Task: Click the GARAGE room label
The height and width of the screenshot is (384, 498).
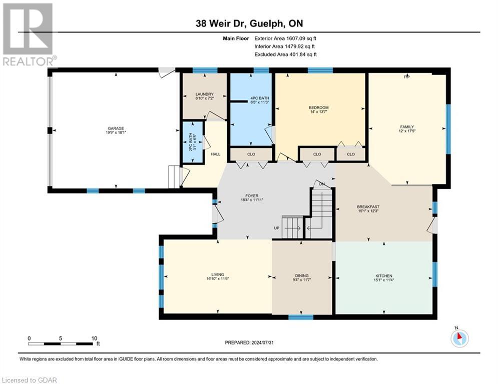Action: click(x=114, y=128)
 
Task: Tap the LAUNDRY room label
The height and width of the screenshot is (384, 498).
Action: click(x=205, y=94)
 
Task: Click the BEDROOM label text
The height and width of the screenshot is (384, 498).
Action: click(x=318, y=107)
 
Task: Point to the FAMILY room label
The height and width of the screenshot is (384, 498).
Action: click(x=406, y=127)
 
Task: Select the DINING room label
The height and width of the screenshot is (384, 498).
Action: click(x=302, y=275)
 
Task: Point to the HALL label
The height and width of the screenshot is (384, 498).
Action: click(x=215, y=154)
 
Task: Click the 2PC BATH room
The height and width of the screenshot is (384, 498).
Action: click(x=192, y=142)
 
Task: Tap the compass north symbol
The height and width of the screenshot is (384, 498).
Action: click(x=458, y=338)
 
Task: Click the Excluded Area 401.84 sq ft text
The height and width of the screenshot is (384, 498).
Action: click(x=285, y=54)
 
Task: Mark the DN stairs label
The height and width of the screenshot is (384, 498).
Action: click(x=322, y=184)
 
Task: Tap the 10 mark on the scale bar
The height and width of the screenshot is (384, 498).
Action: click(x=94, y=338)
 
